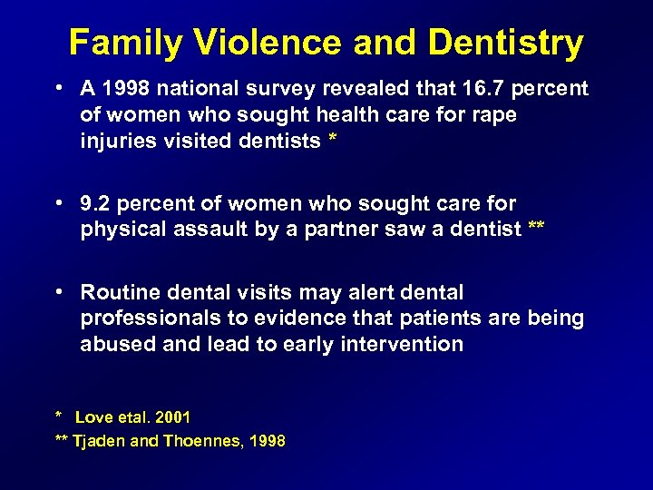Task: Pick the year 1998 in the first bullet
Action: (x=128, y=89)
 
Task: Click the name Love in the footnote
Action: (x=92, y=417)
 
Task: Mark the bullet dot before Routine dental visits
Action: (x=58, y=292)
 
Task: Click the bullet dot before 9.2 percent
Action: (x=58, y=203)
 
